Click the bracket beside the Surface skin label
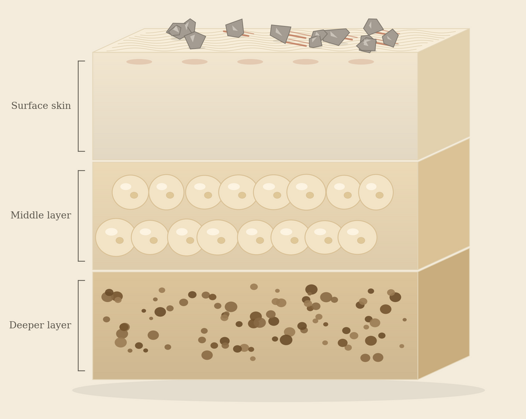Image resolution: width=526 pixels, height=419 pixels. [x=78, y=106]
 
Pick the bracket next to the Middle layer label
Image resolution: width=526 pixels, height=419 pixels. [x=78, y=216]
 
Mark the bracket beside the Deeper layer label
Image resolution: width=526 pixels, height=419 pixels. [x=78, y=325]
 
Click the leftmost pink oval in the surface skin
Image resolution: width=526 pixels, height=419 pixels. [x=139, y=62]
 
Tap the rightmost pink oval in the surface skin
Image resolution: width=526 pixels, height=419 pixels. [x=361, y=62]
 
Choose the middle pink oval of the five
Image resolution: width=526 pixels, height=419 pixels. [x=250, y=62]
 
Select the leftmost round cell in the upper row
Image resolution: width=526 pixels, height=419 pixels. [x=130, y=192]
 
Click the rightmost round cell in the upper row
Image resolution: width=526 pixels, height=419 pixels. [x=376, y=192]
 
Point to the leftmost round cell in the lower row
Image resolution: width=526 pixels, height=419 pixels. [x=116, y=237]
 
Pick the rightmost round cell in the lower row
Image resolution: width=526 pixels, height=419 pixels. [x=357, y=237]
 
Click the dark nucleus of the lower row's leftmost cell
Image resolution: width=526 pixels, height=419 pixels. [x=120, y=241]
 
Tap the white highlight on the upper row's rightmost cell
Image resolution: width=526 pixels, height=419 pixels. [x=371, y=186]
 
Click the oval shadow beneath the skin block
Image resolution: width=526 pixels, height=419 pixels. [x=278, y=390]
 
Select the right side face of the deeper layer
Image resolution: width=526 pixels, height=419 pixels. [x=444, y=314]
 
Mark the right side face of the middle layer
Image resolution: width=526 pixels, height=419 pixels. [x=444, y=204]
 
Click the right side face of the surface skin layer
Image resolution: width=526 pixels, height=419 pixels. [x=444, y=94]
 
